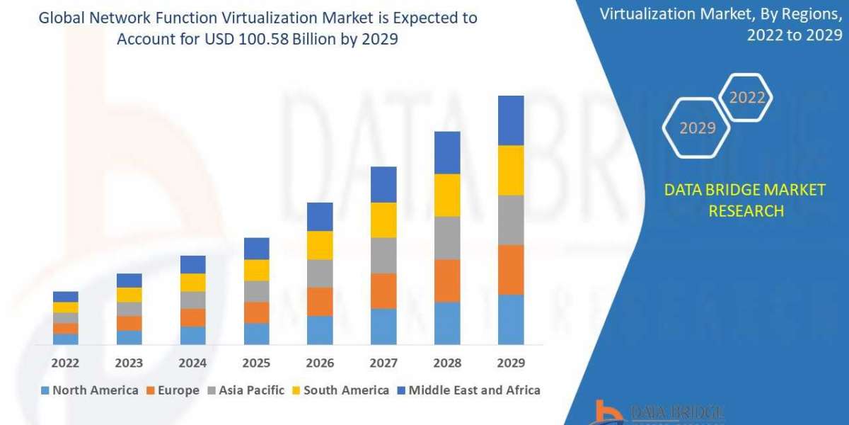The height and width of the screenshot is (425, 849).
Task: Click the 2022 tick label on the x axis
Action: (x=65, y=363)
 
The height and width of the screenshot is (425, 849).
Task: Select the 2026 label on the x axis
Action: (x=320, y=363)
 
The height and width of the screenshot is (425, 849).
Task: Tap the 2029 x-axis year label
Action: (x=511, y=363)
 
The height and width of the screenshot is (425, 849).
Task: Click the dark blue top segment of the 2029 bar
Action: (x=511, y=120)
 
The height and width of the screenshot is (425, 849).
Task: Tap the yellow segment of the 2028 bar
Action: (x=447, y=195)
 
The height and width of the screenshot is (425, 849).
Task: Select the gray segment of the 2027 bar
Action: (x=383, y=255)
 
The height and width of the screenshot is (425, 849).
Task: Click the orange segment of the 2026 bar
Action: (x=320, y=301)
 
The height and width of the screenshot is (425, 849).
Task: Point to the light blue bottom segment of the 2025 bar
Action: (x=256, y=334)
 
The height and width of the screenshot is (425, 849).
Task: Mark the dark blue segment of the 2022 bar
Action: (x=65, y=296)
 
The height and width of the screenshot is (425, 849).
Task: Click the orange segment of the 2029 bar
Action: (x=511, y=269)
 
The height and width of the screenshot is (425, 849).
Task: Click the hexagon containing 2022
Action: (x=746, y=98)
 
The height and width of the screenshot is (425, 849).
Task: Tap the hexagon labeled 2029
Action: (x=696, y=128)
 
